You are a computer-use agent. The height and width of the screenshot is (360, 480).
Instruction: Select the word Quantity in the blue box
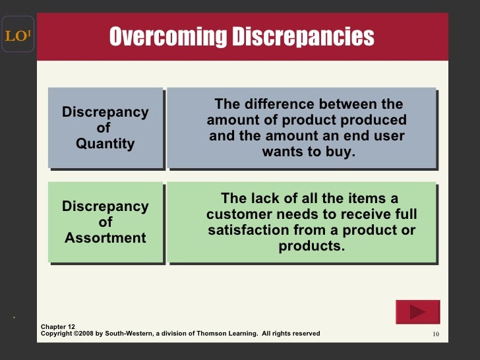tap(105, 143)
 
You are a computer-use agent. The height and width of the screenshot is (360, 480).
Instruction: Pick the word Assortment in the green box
tap(105, 237)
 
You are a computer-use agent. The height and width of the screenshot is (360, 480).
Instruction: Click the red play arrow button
tap(417, 312)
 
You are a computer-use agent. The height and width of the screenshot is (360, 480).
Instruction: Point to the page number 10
tap(435, 334)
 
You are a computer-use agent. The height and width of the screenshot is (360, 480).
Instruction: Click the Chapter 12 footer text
tap(58, 326)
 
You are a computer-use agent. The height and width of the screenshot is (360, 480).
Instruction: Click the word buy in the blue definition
tap(339, 152)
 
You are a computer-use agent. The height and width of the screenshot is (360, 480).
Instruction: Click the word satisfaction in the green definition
tap(257, 230)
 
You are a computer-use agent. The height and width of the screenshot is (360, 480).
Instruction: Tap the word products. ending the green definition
tap(312, 246)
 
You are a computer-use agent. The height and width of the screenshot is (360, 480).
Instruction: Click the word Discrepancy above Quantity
tap(105, 112)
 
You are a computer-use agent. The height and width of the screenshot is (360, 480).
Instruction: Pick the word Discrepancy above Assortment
tap(105, 206)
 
